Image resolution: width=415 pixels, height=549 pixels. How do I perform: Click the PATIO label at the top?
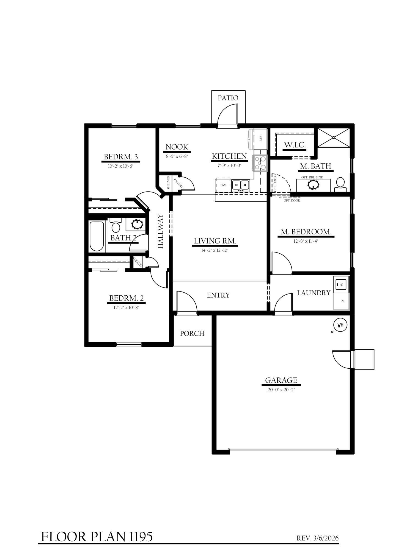pyautogui.click(x=228, y=98)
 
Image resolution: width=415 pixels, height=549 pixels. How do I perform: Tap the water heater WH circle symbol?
pyautogui.click(x=340, y=325)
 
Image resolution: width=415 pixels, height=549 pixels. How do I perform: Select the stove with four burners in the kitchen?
pyautogui.click(x=260, y=163)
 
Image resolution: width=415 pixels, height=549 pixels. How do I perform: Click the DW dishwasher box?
pyautogui.click(x=223, y=185)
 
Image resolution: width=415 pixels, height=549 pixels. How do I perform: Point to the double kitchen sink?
pyautogui.click(x=241, y=185)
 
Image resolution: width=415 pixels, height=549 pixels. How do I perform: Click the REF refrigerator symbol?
pyautogui.click(x=260, y=139)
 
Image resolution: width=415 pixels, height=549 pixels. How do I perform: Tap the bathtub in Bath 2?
pyautogui.click(x=97, y=236)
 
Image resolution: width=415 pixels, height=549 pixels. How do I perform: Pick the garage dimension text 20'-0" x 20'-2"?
pyautogui.click(x=281, y=390)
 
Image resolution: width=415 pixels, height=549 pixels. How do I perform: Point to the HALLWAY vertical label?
pyautogui.click(x=161, y=231)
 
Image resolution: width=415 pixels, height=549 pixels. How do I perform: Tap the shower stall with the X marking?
pyautogui.click(x=334, y=137)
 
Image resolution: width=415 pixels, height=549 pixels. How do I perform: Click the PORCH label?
pyautogui.click(x=192, y=334)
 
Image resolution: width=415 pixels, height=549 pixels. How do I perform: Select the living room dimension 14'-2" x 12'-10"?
pyautogui.click(x=215, y=250)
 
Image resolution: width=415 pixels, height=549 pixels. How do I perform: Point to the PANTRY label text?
pyautogui.click(x=178, y=183)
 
